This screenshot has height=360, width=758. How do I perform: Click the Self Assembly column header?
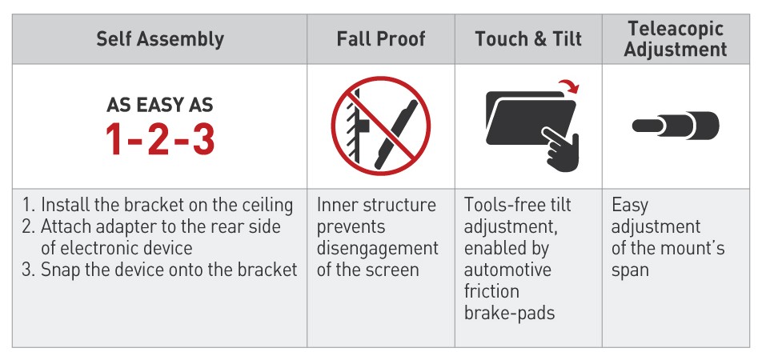point(160,39)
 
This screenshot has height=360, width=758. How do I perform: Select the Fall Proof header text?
point(381,38)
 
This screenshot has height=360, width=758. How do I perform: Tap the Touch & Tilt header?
point(528,38)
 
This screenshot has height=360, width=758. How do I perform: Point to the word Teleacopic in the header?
point(676,29)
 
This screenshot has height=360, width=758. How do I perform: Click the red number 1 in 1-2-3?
point(114,138)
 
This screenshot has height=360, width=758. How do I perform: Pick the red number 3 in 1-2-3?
point(203,138)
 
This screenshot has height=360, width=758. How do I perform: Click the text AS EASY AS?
point(160,105)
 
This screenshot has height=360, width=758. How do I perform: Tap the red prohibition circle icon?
point(381,126)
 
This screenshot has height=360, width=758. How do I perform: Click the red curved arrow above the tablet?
point(569,86)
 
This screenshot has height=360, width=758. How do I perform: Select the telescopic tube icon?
point(676,126)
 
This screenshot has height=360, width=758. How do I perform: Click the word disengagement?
point(378,249)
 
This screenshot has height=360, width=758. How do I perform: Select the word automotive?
point(507,270)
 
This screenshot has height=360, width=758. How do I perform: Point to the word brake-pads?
point(510,313)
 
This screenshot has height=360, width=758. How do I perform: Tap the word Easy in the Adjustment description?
point(629,206)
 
